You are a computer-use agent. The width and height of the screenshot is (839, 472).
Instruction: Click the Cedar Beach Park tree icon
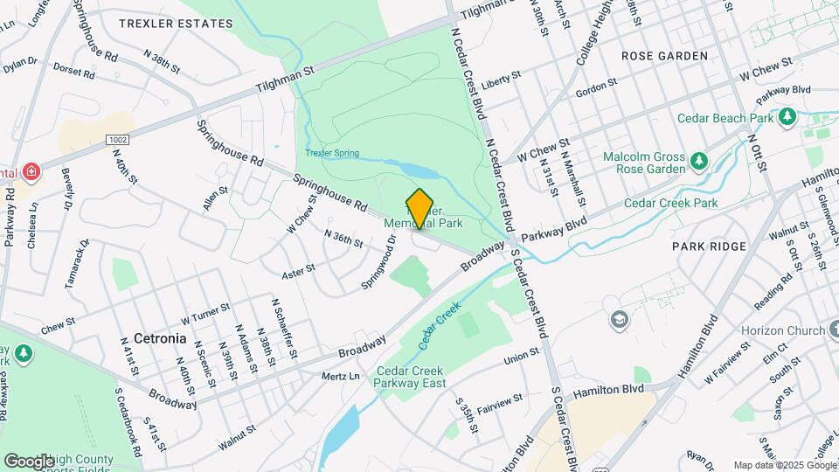coord(788,115)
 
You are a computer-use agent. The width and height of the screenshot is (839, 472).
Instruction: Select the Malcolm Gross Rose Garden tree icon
coord(698,160)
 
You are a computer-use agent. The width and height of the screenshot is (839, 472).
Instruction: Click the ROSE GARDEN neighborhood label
coord(664,56)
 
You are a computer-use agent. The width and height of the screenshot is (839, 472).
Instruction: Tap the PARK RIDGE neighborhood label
coord(710,246)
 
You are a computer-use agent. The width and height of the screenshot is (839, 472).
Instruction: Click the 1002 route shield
coord(117,140)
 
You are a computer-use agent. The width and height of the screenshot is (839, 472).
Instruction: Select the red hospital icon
coord(31,170)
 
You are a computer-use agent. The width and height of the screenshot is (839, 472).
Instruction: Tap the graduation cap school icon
coord(620,318)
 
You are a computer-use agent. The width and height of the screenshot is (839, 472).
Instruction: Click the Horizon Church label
coord(783,331)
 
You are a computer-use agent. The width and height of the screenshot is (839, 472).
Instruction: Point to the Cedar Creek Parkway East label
coord(411,377)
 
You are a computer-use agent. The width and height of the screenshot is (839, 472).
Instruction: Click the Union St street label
coord(523,359)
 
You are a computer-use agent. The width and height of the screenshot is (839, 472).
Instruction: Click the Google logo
coord(30,461)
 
